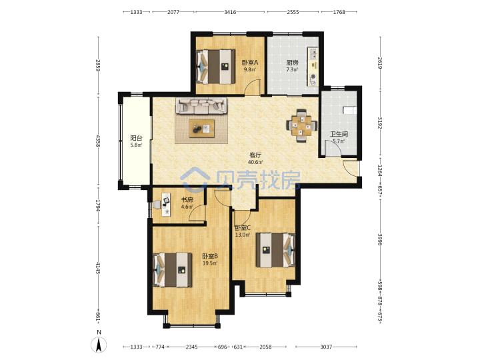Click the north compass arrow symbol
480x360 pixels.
tap(99, 345)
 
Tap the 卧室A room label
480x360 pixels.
tap(250, 63)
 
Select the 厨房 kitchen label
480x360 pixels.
tap(292, 63)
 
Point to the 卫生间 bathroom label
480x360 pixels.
tap(339, 134)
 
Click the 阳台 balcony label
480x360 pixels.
tap(136, 138)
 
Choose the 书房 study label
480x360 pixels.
tap(187, 200)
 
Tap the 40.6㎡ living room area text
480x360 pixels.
tap(255, 162)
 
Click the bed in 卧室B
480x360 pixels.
tap(173, 270)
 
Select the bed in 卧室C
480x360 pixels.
tap(275, 250)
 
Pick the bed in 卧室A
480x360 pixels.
tap(215, 67)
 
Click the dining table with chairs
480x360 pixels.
tap(301, 125)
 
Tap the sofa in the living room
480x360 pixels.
tap(201, 106)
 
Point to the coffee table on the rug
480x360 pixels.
tap(202, 129)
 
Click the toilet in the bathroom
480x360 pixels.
tap(350, 110)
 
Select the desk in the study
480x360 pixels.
tap(166, 204)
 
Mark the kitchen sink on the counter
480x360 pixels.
tap(313, 54)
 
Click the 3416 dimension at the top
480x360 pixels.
tap(230, 12)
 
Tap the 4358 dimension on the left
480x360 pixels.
tap(98, 141)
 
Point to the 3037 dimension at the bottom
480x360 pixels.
tap(326, 347)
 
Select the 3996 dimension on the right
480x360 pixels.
tap(380, 240)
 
